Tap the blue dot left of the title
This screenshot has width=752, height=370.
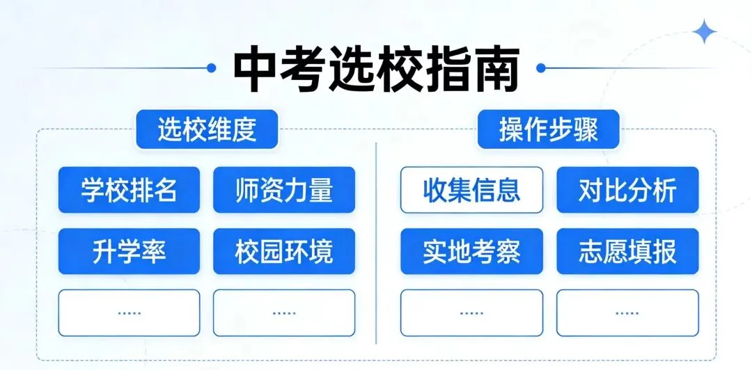pos(212,68)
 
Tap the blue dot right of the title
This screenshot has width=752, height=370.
pos(540,68)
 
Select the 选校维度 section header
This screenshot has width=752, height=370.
pos(207,129)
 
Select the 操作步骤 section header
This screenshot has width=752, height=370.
pos(548,129)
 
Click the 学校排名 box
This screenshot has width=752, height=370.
pos(129,190)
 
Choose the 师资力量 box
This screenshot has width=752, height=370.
pos(284,190)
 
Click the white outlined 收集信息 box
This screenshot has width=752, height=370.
pos(471,190)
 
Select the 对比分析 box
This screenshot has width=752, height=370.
pos(627,190)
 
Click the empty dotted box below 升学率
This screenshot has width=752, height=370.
pos(129,312)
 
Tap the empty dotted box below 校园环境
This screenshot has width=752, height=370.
pos(284,312)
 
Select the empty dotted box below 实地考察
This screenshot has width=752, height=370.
pos(471,312)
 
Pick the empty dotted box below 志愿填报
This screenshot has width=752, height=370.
pos(627,312)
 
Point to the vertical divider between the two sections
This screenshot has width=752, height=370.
pos(376,243)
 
